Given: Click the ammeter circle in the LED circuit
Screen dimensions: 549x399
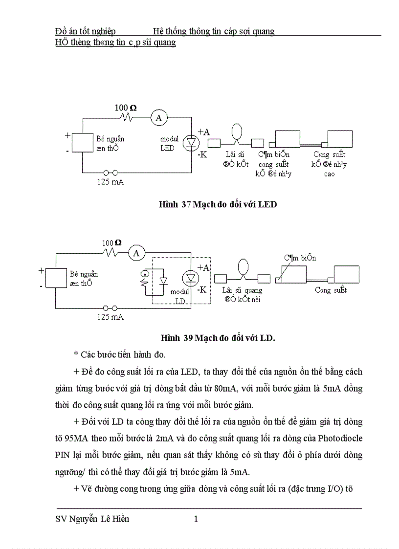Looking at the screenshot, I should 158,117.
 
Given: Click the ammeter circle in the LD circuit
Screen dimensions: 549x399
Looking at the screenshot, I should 136,253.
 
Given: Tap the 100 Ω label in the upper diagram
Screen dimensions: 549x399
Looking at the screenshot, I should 126,108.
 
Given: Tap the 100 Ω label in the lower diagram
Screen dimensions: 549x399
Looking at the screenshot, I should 111,242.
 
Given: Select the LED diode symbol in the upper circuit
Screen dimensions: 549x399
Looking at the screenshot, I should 190,142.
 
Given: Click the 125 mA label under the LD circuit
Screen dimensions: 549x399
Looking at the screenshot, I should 110,317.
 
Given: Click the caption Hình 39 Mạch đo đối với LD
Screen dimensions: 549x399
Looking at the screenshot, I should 218,337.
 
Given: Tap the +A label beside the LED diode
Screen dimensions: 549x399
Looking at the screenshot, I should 203,132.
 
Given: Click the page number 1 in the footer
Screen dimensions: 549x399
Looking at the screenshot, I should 196,519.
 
